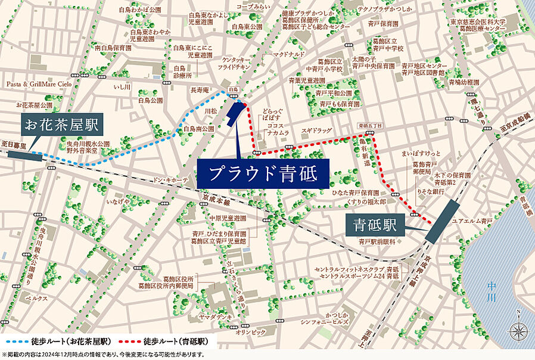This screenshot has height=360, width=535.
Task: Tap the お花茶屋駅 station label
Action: point(61,125)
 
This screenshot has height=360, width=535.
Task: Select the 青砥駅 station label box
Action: point(376,226)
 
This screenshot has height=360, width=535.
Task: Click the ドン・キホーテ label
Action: point(170,179)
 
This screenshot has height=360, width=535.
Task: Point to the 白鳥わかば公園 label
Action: point(140,10)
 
